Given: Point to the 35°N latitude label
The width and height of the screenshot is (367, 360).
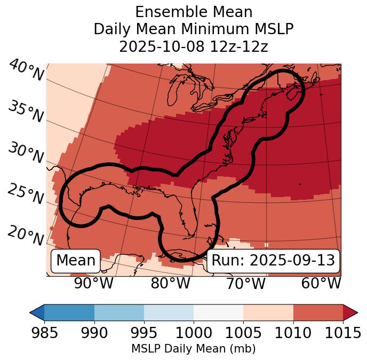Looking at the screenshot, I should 26,111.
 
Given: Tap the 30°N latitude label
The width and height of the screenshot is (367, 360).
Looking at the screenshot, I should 26,153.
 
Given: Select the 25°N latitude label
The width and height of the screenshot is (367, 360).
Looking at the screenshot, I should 26,194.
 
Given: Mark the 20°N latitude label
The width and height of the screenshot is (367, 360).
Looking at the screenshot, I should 26,235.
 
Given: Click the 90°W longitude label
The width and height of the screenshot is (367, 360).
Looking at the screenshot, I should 94,283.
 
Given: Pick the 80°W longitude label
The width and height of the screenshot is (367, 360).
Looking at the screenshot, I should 171,283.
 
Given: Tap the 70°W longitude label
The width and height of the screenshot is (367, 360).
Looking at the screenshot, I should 246,283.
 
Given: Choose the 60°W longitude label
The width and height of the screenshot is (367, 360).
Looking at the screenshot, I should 321,283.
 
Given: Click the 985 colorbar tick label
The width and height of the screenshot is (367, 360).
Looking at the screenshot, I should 44,333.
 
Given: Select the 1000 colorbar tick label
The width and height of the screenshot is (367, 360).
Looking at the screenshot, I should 194,333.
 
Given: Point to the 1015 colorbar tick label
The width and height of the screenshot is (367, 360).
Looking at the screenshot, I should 343,333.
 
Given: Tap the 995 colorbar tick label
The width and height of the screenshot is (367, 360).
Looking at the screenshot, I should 144,333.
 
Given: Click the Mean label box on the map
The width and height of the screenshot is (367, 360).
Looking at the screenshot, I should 76,261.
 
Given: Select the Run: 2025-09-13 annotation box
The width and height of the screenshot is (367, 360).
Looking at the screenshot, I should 273,261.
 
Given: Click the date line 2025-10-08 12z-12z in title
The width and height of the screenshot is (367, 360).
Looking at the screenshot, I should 194,46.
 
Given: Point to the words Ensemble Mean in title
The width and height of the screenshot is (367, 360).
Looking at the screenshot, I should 194,12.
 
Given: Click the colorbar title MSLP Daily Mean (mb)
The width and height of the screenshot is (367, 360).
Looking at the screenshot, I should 194,349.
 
